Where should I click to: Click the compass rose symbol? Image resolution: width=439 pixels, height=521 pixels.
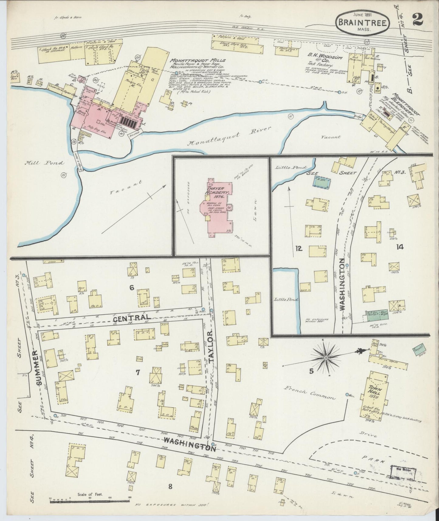(x=326, y=357)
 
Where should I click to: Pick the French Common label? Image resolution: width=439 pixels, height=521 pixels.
(x=310, y=392)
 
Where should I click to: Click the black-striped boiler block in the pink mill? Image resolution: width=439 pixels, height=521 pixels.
(x=131, y=123)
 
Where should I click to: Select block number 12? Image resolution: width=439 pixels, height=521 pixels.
(x=299, y=249)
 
